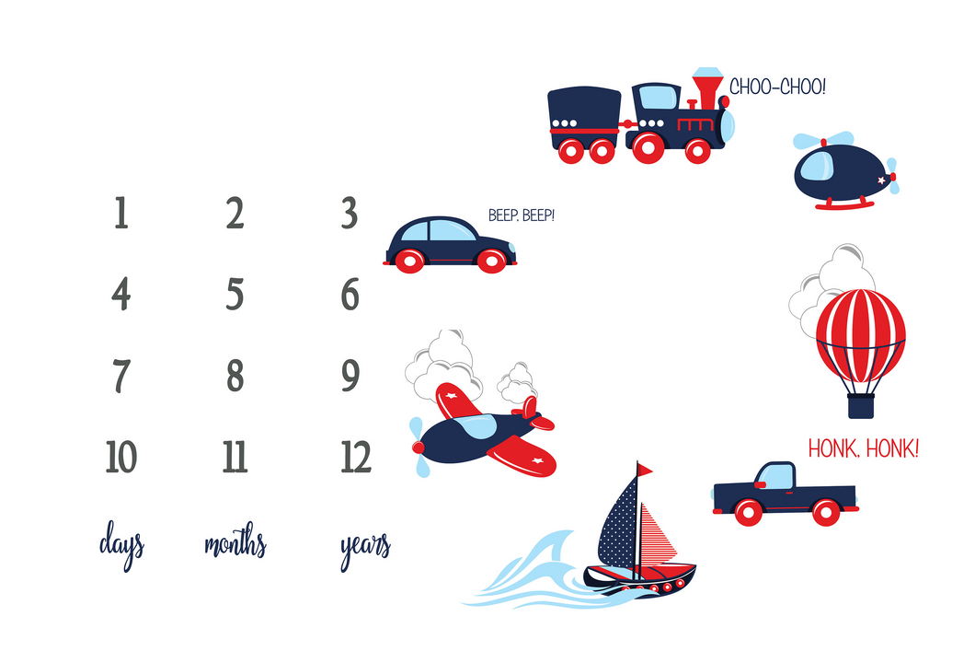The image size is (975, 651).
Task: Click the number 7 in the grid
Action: (x=121, y=376)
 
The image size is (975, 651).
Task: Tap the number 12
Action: (x=356, y=457)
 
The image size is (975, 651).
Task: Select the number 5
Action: (x=235, y=294)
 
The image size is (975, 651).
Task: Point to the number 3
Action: (x=350, y=213)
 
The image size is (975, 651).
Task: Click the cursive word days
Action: (x=121, y=544)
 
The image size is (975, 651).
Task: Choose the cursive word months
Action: (x=235, y=541)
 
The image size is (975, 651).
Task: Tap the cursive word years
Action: (x=365, y=549)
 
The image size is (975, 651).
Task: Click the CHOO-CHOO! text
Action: (x=777, y=87)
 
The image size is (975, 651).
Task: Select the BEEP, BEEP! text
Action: (x=522, y=215)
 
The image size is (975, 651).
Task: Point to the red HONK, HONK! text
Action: (x=863, y=448)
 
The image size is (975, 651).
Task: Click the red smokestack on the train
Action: (x=707, y=92)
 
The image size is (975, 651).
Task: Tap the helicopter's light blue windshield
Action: (x=816, y=166)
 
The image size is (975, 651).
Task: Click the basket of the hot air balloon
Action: (x=861, y=406)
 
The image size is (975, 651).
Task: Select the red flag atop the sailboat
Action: (x=645, y=470)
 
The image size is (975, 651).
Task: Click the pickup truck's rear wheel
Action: (x=826, y=512)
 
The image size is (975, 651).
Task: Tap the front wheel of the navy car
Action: (x=491, y=261)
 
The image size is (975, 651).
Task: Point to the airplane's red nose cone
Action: (x=418, y=448)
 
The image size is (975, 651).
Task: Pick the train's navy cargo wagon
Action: (x=584, y=118)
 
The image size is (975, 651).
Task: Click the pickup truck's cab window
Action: (x=776, y=477)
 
